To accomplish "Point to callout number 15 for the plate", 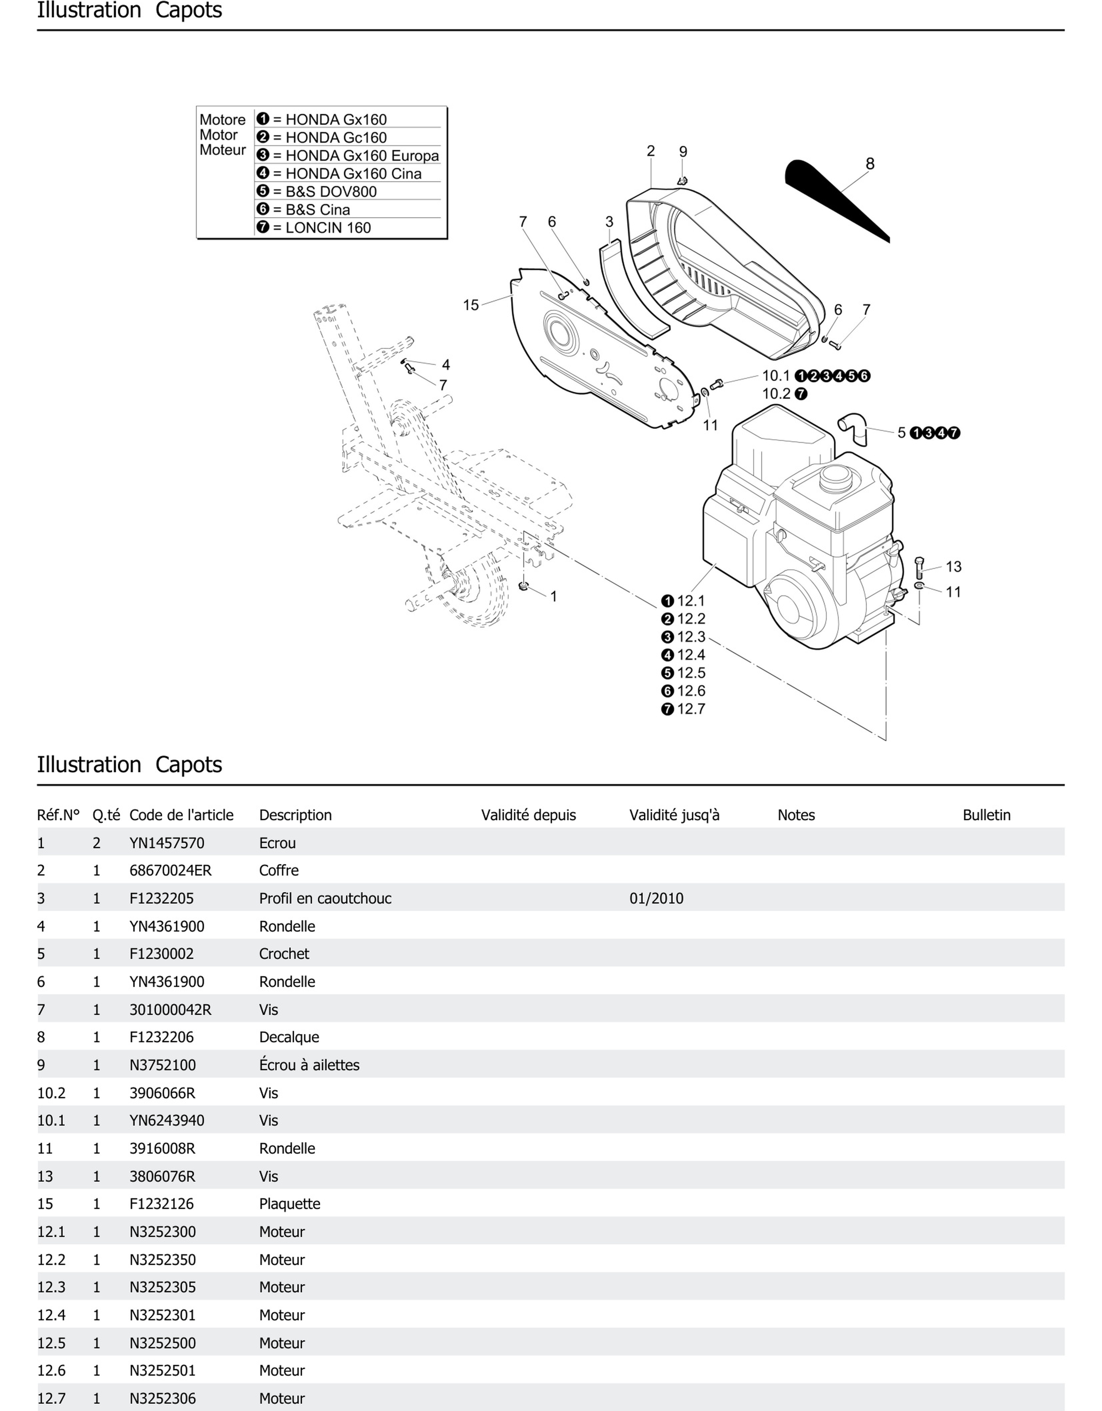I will click(471, 305).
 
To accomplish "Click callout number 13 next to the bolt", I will click(953, 566).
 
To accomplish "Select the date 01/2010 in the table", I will click(656, 898).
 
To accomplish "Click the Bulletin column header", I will click(986, 815).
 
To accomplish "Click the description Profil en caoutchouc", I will click(325, 898).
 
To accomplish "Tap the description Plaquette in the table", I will click(289, 1204).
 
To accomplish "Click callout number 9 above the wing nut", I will click(683, 152).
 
